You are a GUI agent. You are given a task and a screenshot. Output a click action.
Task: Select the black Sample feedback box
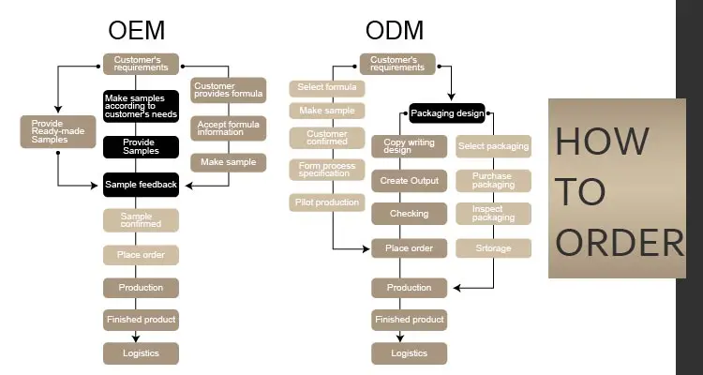click(x=141, y=185)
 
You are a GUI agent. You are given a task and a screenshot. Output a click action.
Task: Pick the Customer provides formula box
click(x=228, y=91)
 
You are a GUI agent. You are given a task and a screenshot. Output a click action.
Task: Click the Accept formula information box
click(x=228, y=127)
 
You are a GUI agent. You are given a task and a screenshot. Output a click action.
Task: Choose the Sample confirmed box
click(x=141, y=220)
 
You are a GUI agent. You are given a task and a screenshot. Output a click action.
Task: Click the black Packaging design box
click(x=447, y=114)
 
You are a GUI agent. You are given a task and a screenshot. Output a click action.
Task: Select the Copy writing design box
click(x=410, y=146)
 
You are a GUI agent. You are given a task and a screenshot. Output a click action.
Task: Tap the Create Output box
click(x=410, y=180)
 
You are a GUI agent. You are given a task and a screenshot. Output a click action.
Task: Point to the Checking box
click(x=410, y=214)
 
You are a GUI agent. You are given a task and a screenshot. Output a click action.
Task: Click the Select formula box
click(x=327, y=88)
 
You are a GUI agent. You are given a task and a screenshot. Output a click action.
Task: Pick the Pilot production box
click(x=327, y=202)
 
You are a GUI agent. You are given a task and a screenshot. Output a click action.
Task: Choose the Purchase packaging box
click(x=493, y=180)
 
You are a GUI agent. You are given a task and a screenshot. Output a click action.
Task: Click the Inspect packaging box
click(x=493, y=214)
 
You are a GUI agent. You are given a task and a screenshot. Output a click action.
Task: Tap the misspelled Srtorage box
click(x=493, y=248)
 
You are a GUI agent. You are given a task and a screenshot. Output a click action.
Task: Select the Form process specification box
click(x=327, y=170)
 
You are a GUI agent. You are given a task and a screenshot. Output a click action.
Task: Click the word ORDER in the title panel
click(x=620, y=243)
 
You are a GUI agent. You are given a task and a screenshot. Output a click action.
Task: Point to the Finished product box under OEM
click(x=141, y=320)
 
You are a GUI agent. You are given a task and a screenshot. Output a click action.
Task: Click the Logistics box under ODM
click(x=410, y=353)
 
